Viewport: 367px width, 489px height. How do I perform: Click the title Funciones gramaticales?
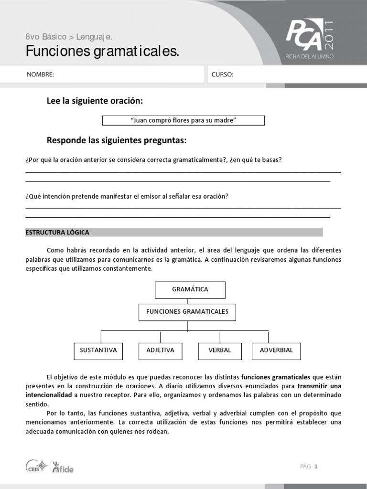102,51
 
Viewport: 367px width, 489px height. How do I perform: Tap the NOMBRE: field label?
40,75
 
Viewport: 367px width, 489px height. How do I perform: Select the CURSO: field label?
222,75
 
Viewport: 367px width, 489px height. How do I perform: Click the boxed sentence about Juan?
183,120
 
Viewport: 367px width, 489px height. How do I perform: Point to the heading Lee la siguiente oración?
95,101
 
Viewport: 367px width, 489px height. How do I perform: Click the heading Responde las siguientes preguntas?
116,140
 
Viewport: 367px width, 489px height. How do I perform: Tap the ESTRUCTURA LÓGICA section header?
57,233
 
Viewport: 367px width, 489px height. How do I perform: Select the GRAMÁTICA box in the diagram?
190,289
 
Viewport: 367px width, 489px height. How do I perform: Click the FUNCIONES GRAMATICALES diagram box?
187,312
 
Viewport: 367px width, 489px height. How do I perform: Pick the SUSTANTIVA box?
98,351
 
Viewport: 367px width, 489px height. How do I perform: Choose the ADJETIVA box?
160,351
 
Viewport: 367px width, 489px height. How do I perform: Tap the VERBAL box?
219,351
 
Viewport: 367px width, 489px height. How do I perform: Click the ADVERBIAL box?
276,351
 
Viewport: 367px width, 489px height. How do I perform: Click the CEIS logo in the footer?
36,466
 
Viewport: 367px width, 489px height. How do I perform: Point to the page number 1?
316,467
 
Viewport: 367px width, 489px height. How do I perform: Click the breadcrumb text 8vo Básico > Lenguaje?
69,37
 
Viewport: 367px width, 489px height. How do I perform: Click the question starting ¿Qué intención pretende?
127,196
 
